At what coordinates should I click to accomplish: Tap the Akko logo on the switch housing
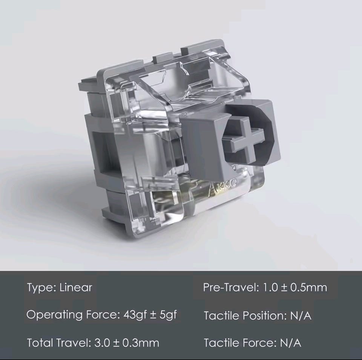tap(222, 187)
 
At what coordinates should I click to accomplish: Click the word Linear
tap(76, 288)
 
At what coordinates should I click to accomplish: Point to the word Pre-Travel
tap(231, 288)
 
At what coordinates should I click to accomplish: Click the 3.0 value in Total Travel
tap(102, 343)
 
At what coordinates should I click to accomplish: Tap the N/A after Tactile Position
tap(301, 315)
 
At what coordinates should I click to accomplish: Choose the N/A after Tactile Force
tap(290, 343)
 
